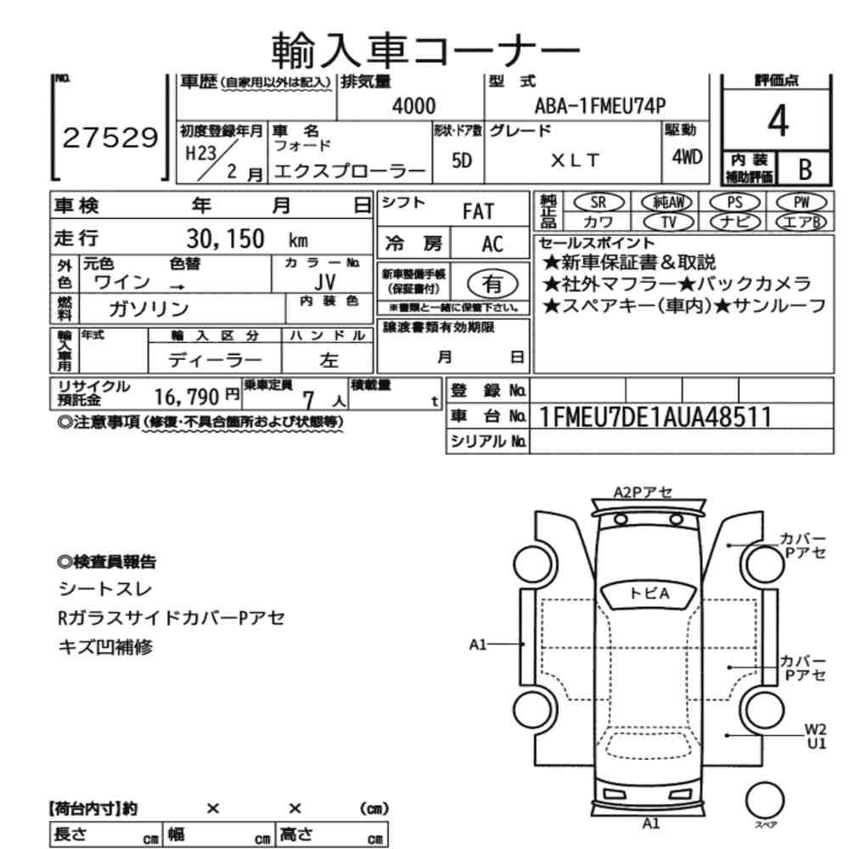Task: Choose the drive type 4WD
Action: pyautogui.click(x=685, y=157)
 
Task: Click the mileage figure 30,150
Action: pyautogui.click(x=225, y=239)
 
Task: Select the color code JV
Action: pyautogui.click(x=324, y=281)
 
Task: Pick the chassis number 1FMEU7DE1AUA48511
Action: pyautogui.click(x=655, y=416)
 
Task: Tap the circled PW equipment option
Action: pyautogui.click(x=798, y=201)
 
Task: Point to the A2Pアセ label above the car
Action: pyautogui.click(x=643, y=492)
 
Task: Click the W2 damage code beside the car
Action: pyautogui.click(x=815, y=727)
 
